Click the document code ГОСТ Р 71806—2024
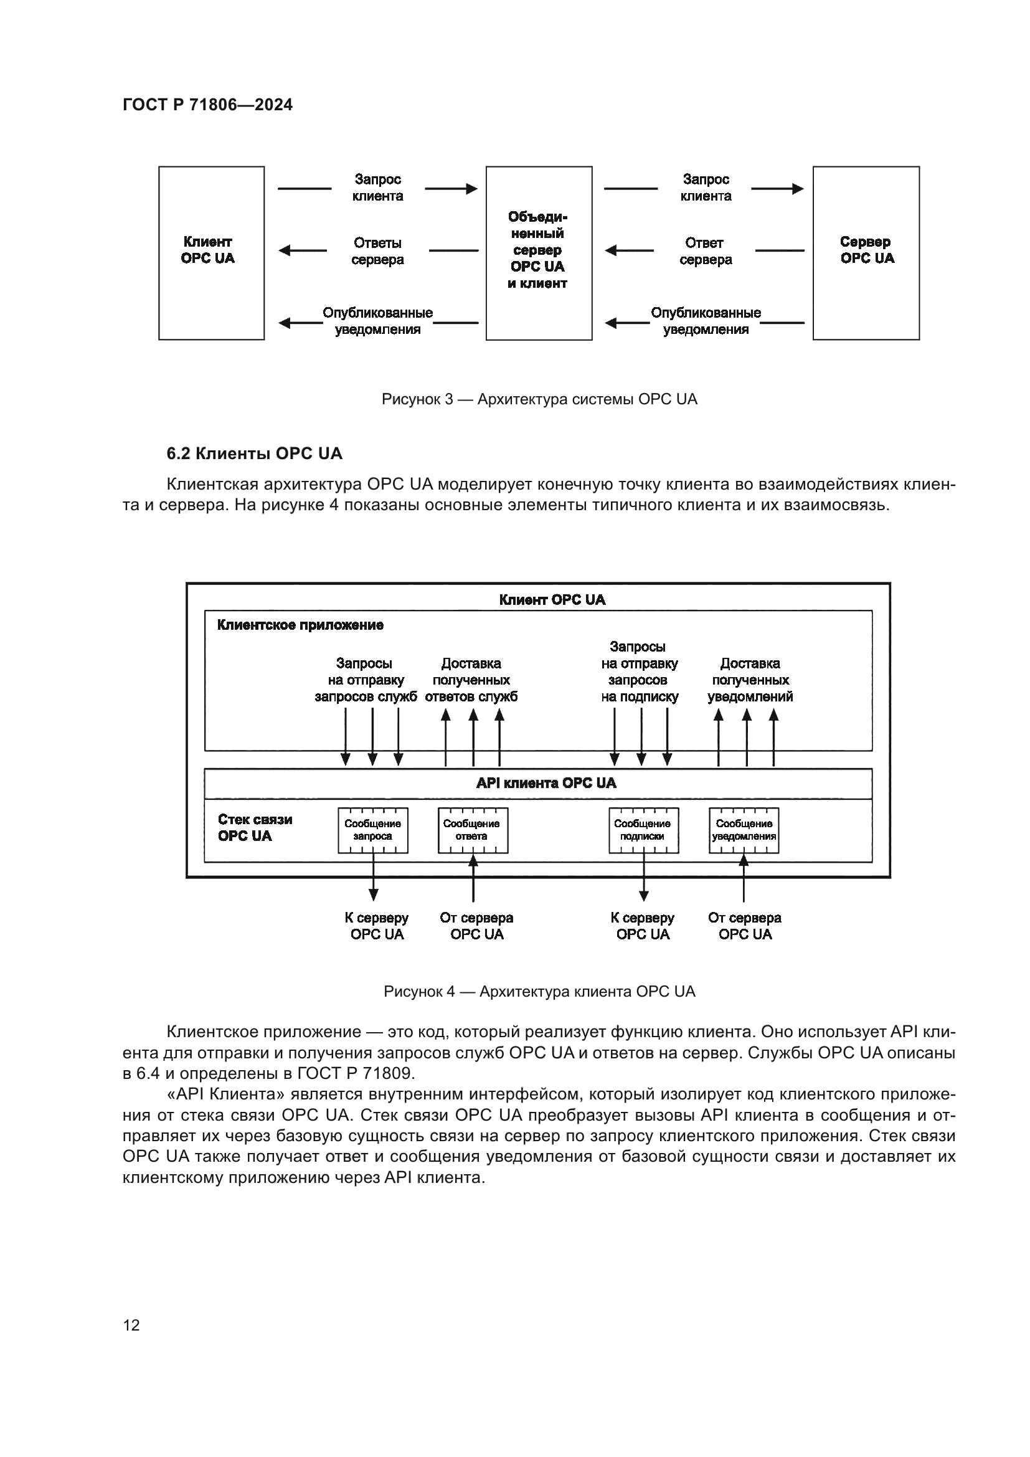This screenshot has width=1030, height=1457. (207, 105)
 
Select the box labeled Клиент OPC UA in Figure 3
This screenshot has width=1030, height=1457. (211, 252)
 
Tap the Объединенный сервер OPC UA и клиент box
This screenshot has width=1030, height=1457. (539, 252)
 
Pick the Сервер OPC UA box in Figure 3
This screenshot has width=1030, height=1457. (866, 252)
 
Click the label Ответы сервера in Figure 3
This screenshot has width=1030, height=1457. (377, 251)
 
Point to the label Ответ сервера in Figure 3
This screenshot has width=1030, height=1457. (705, 251)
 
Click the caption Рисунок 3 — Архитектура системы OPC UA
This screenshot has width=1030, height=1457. (539, 399)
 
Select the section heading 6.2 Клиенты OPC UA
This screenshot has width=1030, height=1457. (254, 453)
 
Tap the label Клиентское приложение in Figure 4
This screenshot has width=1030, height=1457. (300, 625)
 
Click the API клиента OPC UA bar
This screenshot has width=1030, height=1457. (546, 783)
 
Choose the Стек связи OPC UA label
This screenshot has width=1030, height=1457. (255, 827)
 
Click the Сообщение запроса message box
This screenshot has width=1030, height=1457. (372, 830)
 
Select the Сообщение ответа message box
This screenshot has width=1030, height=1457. (473, 830)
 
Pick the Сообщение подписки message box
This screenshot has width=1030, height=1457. (643, 830)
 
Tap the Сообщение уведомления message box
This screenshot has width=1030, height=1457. (744, 830)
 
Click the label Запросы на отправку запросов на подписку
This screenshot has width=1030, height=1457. (640, 672)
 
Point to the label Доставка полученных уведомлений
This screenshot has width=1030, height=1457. (750, 680)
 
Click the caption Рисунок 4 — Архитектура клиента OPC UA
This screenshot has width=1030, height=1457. (539, 992)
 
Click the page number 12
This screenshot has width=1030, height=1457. (131, 1325)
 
